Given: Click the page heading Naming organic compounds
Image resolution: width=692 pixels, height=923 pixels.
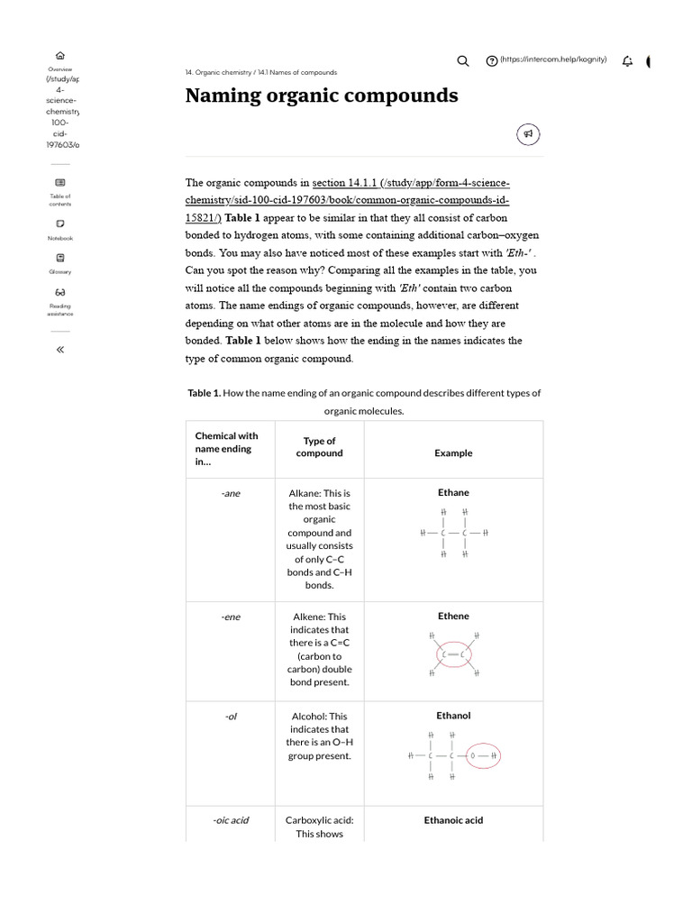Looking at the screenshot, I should point(322,96).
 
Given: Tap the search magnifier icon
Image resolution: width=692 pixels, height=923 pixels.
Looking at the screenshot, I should point(463,60).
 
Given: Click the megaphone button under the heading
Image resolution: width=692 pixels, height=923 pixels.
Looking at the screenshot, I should point(529,134).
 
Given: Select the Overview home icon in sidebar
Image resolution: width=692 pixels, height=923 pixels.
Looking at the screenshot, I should point(60,54).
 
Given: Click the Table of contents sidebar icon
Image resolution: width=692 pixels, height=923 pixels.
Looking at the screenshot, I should point(60,182).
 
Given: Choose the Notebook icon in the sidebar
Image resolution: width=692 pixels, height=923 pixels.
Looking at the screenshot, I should point(60,224).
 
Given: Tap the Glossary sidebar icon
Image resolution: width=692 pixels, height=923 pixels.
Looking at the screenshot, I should point(60,257).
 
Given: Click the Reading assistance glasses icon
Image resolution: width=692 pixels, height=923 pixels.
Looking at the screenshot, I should point(60,292).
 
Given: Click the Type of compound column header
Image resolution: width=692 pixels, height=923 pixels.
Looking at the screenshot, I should point(319,447).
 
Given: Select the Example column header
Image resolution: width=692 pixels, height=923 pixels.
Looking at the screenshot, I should point(452,453).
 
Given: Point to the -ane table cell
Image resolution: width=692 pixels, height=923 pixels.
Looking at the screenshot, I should point(231,494).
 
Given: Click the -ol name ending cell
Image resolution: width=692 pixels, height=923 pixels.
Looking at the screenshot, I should point(231,717).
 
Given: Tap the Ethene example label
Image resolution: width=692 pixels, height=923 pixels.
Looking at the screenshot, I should point(452,617).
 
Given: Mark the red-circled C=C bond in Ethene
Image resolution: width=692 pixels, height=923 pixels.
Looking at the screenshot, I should point(453,653).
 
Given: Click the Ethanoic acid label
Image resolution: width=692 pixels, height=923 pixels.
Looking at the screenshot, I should point(453,820).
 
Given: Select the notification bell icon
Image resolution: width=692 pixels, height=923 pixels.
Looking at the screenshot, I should point(627,60).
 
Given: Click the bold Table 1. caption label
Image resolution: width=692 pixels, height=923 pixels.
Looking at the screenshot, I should point(204,393).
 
